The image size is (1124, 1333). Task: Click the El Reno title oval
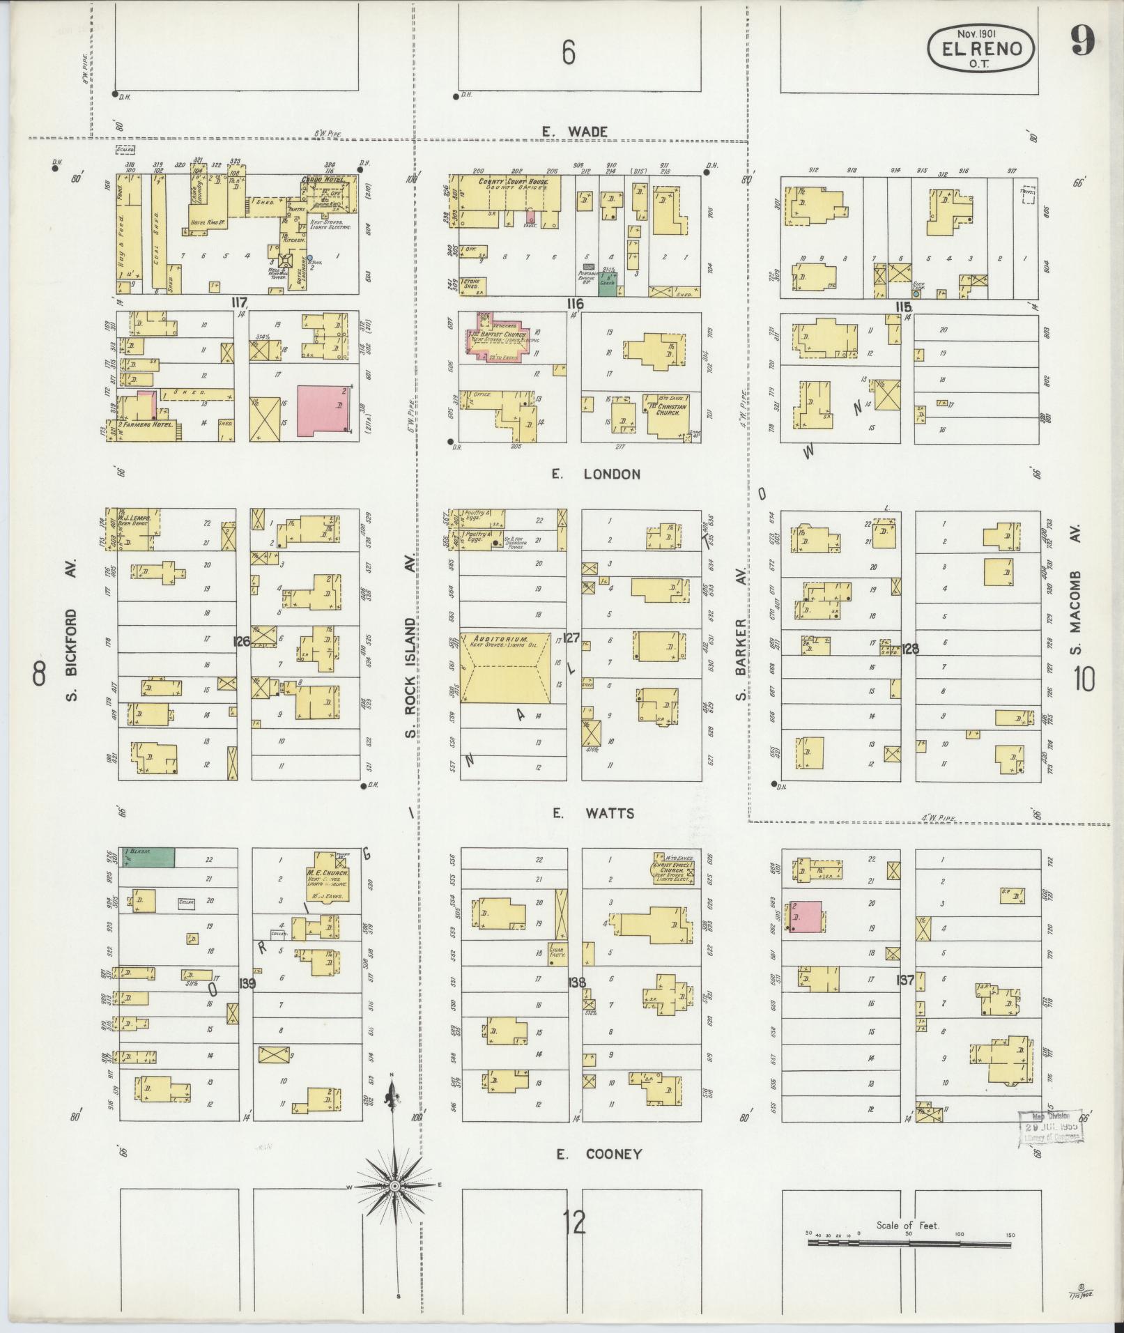click(x=980, y=47)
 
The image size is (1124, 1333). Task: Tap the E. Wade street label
click(x=576, y=132)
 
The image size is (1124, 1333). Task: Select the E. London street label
click(x=595, y=475)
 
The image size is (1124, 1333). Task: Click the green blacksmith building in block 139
click(x=147, y=858)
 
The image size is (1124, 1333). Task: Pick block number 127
click(x=571, y=637)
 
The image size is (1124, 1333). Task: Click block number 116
click(x=575, y=304)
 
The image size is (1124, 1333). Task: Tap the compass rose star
click(x=394, y=1185)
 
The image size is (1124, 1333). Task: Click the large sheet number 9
click(x=1082, y=42)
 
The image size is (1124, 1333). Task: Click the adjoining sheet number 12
click(x=575, y=1223)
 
